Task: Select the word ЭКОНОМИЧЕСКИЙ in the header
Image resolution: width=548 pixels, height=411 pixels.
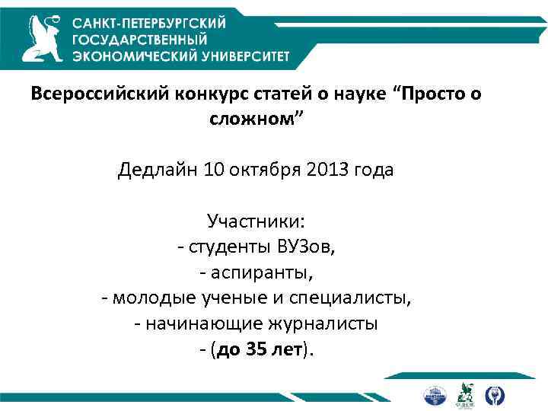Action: [130, 55]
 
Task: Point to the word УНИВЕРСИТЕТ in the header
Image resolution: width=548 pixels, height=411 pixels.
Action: [241, 55]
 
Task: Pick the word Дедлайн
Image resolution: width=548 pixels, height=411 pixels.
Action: [158, 170]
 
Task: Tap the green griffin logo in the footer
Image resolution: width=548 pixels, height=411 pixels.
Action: [464, 395]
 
